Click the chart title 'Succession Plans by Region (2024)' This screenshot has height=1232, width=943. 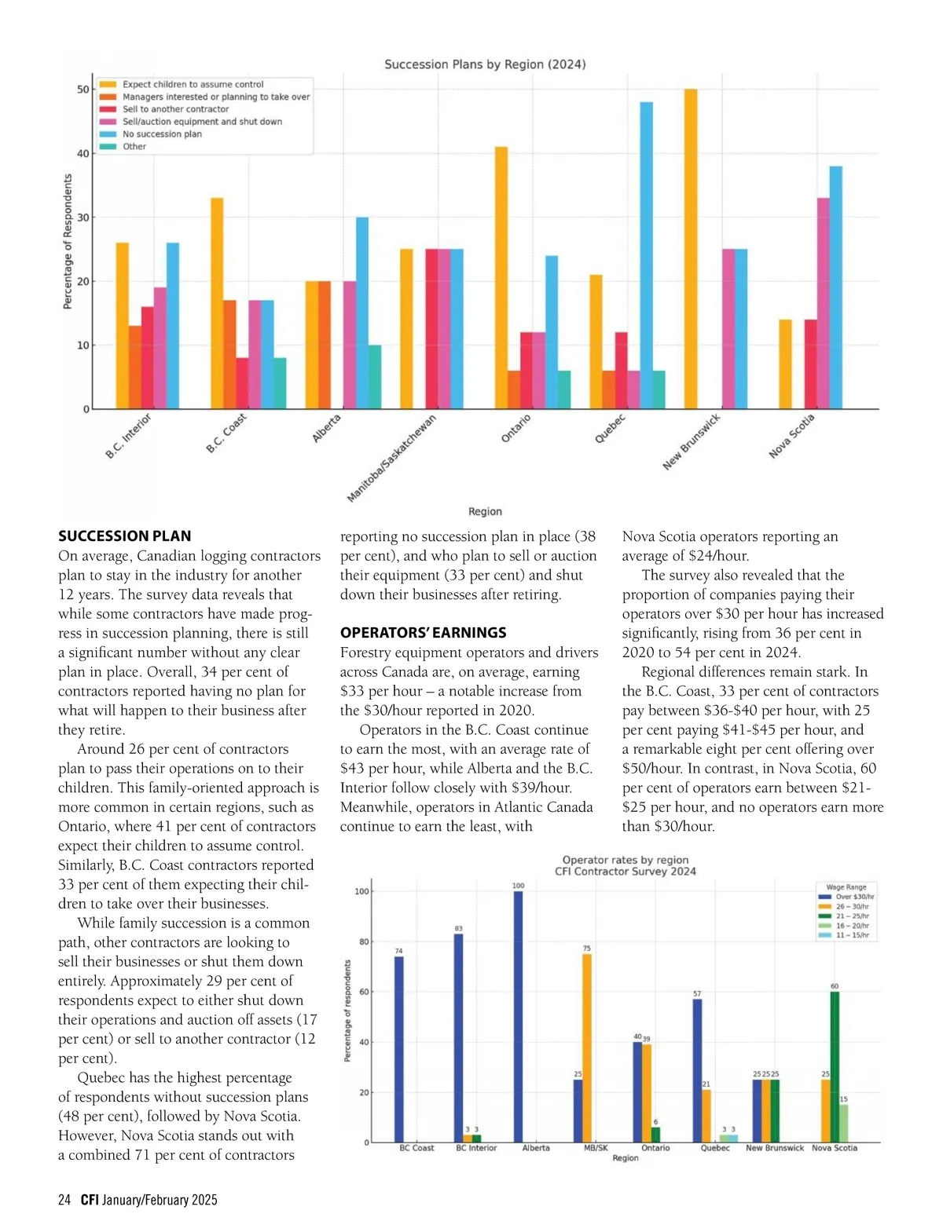485,64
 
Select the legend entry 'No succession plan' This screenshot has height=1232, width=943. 162,134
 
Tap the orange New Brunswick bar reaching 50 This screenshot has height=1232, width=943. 691,249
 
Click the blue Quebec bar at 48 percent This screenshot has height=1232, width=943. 646,255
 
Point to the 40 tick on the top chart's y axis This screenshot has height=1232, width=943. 83,154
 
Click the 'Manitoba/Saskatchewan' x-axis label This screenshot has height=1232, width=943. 391,459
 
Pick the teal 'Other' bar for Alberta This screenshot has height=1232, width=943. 375,377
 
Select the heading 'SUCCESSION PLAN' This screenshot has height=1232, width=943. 125,536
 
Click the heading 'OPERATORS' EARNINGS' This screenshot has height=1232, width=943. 423,633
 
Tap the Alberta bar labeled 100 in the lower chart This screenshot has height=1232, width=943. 518,1017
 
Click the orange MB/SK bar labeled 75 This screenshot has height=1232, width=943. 587,1048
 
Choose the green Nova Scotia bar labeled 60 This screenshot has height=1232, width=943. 835,1067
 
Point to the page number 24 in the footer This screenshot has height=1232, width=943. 64,1200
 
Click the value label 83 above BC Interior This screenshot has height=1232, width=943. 459,929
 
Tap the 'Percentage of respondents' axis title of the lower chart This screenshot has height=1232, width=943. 347,1011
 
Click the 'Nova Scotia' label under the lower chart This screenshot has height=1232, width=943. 835,1148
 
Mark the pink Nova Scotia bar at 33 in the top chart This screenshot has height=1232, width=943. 823,303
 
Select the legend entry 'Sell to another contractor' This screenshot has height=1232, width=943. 175,109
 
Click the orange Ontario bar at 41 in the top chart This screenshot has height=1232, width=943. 501,278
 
